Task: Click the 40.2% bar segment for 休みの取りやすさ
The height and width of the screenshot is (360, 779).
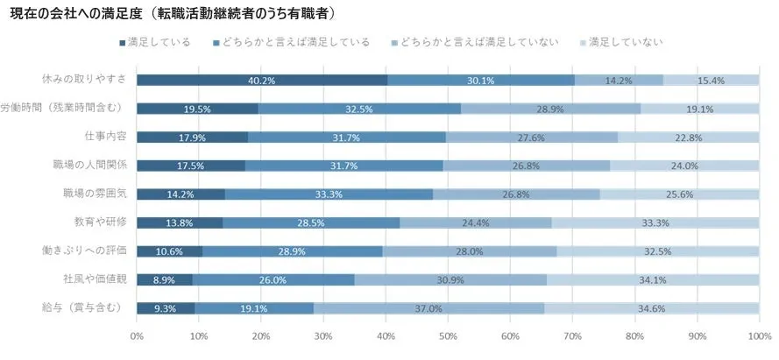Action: (x=261, y=81)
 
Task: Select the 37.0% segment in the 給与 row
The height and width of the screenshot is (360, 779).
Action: (x=428, y=308)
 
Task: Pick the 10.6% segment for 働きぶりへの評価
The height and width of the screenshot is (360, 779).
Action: (x=170, y=251)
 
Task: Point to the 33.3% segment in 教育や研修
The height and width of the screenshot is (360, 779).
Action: (x=655, y=223)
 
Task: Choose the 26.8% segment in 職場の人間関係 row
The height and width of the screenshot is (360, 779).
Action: (x=526, y=166)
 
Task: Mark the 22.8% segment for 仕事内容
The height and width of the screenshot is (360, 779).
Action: (x=688, y=138)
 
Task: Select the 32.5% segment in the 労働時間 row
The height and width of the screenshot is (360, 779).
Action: (x=359, y=109)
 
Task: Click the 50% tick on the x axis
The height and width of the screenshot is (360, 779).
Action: (x=448, y=336)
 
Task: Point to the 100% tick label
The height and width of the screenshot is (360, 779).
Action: (x=758, y=336)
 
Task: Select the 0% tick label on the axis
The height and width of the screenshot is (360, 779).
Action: (x=137, y=336)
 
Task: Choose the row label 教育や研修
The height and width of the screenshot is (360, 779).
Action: (x=102, y=223)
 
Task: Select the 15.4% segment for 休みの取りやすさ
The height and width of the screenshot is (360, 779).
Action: (x=711, y=81)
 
